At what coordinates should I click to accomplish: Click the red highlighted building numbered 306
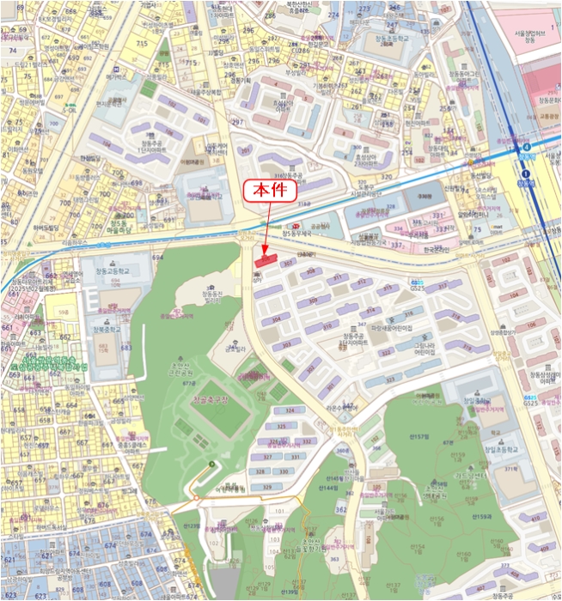264,256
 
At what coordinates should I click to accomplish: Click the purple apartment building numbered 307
289,264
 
